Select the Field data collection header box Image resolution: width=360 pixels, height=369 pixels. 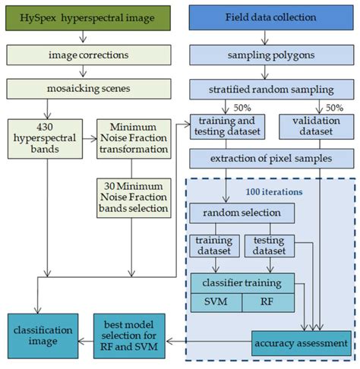pyautogui.click(x=263, y=17)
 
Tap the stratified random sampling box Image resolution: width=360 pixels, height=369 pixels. pyautogui.click(x=263, y=88)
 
